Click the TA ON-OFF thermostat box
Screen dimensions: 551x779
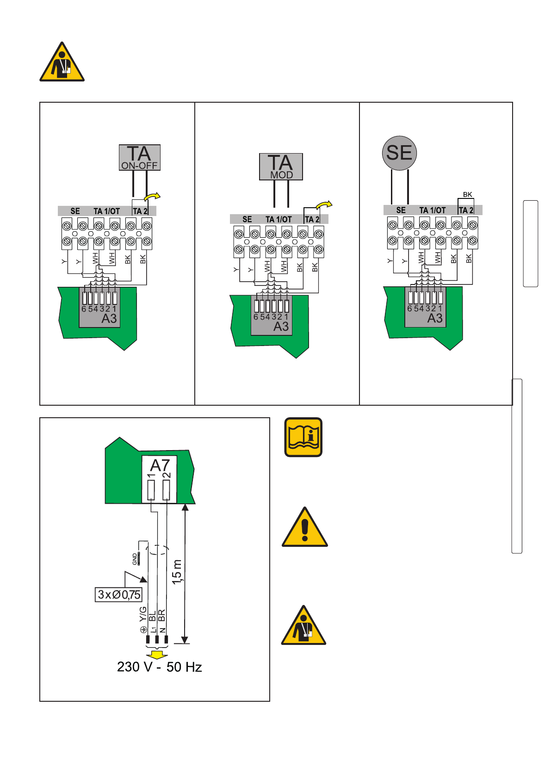(140, 158)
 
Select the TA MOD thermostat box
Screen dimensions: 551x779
(281, 167)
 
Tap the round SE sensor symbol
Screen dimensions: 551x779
(399, 153)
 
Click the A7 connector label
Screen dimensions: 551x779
(160, 465)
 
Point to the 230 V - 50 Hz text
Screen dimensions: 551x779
(159, 667)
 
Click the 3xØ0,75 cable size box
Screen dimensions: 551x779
(118, 594)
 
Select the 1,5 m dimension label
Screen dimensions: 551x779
(177, 572)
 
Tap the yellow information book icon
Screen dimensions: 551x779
(303, 437)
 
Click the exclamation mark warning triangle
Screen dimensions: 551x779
(305, 527)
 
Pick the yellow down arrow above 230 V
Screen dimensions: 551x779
(157, 654)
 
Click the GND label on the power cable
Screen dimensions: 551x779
(135, 559)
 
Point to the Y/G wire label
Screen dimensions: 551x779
(143, 614)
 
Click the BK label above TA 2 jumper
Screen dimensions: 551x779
(468, 194)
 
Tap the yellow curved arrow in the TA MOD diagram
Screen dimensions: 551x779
(324, 205)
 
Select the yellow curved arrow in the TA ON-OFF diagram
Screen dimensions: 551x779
(152, 197)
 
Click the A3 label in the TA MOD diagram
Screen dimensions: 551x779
(281, 327)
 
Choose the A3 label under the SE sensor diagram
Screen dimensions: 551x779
(435, 318)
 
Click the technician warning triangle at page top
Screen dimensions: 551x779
(62, 62)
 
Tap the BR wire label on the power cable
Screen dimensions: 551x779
(161, 615)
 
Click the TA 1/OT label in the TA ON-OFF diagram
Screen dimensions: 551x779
(106, 211)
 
